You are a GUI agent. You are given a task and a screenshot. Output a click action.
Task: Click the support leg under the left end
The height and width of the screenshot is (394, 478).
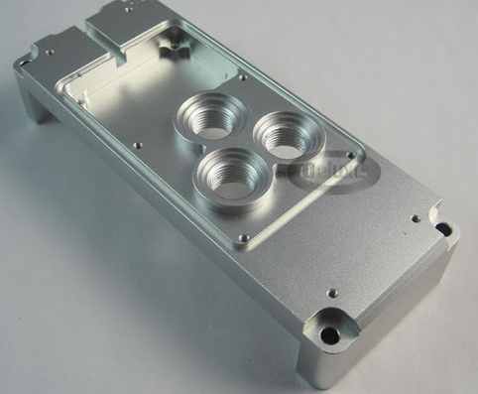30,99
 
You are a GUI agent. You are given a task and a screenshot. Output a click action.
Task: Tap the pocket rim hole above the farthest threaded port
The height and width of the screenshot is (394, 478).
242,74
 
